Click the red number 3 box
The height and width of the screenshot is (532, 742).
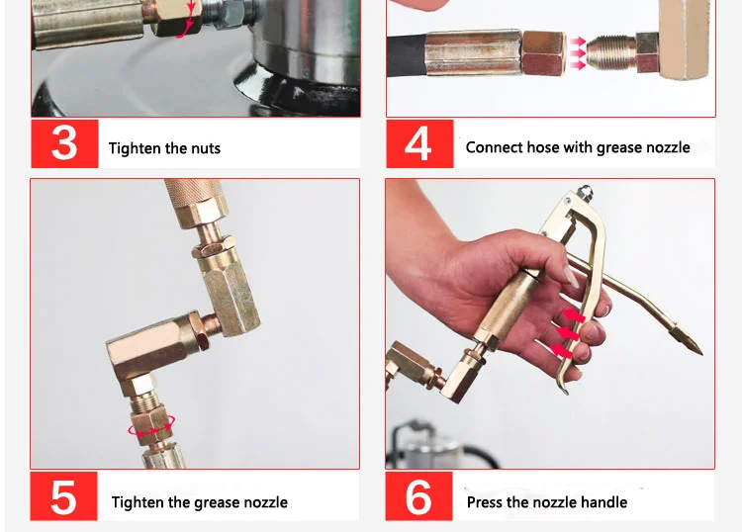[x=65, y=143]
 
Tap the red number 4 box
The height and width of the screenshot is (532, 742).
[x=419, y=143]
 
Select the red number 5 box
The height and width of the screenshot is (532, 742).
[x=64, y=496]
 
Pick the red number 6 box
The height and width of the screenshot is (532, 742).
[x=418, y=496]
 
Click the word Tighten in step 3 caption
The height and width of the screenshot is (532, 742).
[x=135, y=148]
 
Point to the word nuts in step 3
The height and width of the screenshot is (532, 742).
[x=206, y=149]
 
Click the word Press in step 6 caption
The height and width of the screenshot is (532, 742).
[x=485, y=501]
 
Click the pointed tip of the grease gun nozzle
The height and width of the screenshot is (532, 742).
[x=700, y=352]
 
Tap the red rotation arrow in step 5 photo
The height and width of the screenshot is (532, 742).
[x=151, y=430]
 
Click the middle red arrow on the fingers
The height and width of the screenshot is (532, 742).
[x=569, y=333]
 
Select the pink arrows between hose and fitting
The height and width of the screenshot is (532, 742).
[x=578, y=53]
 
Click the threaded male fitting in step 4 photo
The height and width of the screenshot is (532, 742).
[x=611, y=51]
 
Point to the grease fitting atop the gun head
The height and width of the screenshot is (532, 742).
[x=586, y=192]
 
